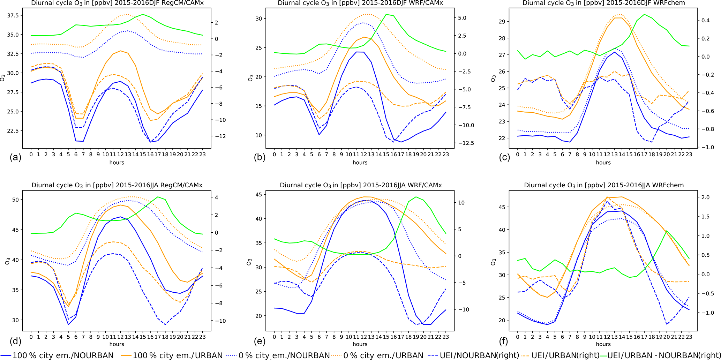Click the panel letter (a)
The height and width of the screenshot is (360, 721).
pos(15,157)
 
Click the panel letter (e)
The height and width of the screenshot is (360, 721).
pos(259,341)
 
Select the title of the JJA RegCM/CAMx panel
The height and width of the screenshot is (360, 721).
pos(117,185)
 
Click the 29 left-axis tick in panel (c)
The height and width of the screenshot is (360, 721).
pos(502,22)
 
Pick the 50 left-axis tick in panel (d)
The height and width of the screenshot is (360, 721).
pos(16,200)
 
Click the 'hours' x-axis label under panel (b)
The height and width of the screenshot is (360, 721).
pos(360,163)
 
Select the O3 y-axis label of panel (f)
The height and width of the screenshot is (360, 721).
pos(493,262)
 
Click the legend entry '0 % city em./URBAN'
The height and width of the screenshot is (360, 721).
pos(383,355)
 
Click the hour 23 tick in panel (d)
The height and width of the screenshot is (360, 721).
pos(202,337)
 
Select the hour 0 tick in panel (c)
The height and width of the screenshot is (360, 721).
pos(518,154)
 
